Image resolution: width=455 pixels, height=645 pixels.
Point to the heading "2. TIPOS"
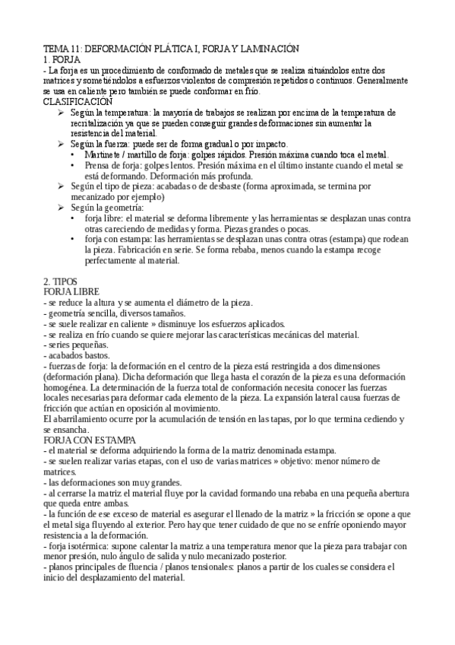pos(61,281)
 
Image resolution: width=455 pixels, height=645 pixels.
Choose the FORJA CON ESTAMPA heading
pos(90,440)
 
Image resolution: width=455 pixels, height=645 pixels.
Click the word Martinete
pos(105,154)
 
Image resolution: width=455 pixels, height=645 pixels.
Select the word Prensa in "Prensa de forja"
pos(100,165)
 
